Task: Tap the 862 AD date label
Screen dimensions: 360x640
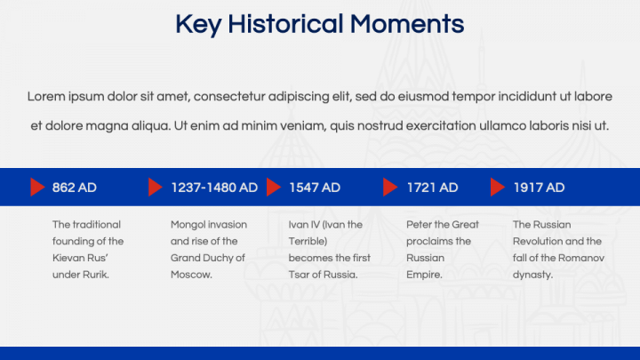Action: tap(75, 188)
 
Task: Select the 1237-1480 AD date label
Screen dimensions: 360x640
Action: tap(214, 188)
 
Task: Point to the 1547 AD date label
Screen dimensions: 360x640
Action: tap(315, 188)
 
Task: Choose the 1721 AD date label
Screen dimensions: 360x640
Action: tap(432, 188)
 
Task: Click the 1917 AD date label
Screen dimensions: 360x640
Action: tap(539, 188)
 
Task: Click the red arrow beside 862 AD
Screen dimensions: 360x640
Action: tap(37, 188)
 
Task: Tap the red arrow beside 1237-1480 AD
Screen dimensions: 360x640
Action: tap(156, 188)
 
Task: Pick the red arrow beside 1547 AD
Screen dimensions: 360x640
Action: tap(273, 188)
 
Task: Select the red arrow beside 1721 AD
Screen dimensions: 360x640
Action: tap(390, 188)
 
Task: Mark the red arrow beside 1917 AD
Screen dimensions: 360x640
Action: tap(497, 188)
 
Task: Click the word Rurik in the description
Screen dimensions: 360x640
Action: tap(96, 275)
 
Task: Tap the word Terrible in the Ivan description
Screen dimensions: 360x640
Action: tap(308, 241)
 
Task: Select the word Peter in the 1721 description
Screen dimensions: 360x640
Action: tap(420, 225)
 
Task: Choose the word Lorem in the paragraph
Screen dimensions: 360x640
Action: tap(44, 96)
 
